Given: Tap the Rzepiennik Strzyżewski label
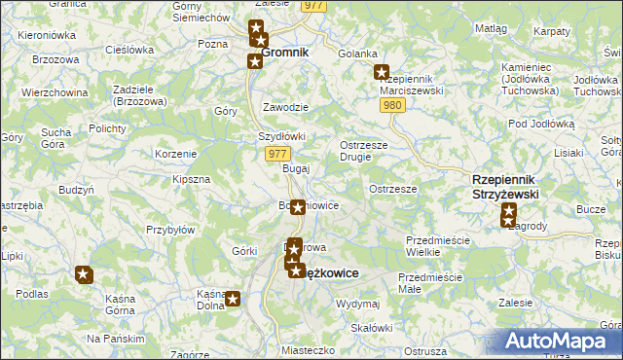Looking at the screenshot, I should point(505,187).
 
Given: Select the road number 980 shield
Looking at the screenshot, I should point(392,105).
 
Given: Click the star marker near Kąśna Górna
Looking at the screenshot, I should point(84,274).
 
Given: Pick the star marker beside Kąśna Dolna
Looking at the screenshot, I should point(234,300).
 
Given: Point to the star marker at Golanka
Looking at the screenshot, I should point(382,71).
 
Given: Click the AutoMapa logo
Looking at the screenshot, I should point(558,342).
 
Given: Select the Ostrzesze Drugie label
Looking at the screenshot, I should point(364,151).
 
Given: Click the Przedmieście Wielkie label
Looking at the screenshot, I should point(437,245).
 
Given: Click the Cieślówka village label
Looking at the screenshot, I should point(129,50).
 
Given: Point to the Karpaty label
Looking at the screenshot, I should point(551,31).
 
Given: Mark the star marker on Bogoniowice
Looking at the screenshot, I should point(298,206).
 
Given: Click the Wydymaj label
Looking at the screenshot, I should point(356,304).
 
